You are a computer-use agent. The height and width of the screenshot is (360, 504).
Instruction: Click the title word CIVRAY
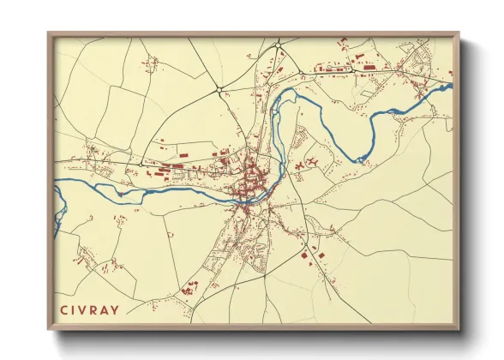pyautogui.click(x=90, y=309)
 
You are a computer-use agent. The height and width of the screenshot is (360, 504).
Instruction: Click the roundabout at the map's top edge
pyautogui.click(x=278, y=45)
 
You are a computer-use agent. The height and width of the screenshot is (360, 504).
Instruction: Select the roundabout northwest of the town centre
pyautogui.click(x=219, y=88)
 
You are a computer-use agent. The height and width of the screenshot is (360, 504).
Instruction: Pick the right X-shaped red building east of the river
pyautogui.click(x=314, y=161)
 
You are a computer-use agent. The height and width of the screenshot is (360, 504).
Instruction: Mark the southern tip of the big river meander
pyautogui.click(x=361, y=159)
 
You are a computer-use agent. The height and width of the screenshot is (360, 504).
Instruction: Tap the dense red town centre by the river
pyautogui.click(x=251, y=182)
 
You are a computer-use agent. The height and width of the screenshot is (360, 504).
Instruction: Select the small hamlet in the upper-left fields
pyautogui.click(x=153, y=62)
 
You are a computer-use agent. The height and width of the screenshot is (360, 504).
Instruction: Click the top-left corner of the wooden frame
pyautogui.click(x=49, y=34)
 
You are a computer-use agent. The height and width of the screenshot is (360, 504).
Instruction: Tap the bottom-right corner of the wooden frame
pyautogui.click(x=458, y=328)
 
